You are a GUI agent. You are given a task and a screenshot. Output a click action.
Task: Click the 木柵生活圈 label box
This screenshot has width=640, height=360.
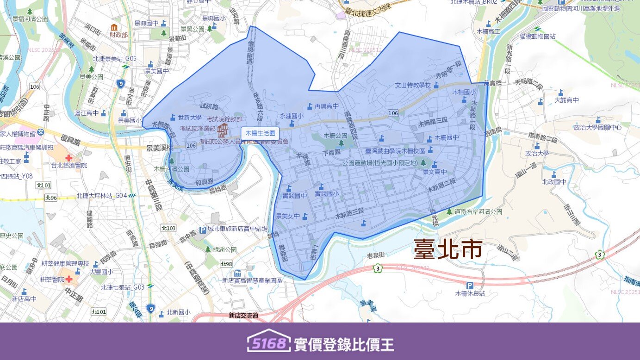pos(260,133)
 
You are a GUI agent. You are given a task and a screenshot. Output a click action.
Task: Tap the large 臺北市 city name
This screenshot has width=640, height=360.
pos(447,249)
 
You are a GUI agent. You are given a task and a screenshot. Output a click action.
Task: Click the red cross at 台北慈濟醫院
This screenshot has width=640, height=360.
pos(69,158)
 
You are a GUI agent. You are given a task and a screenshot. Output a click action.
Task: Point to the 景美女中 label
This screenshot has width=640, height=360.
pos(288,216)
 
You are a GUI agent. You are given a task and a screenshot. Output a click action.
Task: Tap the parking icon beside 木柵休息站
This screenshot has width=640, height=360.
pos(470,286)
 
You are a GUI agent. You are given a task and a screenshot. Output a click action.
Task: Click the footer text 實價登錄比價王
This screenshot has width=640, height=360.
pos(344,344)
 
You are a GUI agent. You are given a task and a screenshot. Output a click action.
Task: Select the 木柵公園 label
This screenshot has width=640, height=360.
pos(335,136)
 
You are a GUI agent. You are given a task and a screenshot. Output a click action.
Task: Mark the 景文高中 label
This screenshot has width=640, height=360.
pos(435,172)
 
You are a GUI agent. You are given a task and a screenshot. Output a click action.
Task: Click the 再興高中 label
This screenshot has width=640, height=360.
pos(326,106)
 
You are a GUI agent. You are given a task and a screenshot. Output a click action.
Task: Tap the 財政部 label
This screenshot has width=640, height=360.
pos(119,35)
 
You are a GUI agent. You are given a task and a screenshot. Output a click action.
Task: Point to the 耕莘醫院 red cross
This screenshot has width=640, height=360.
pos(69,279)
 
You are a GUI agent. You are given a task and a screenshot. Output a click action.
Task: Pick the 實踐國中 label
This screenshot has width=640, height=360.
pos(294,196)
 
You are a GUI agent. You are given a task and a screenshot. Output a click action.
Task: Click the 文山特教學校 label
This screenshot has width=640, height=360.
pos(413,85)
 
